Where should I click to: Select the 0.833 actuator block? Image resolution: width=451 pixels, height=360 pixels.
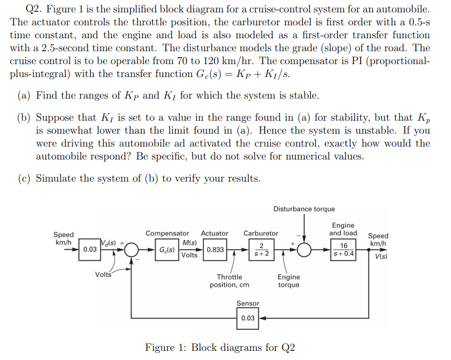click(216, 250)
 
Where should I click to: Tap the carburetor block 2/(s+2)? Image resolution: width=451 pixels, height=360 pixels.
click(261, 250)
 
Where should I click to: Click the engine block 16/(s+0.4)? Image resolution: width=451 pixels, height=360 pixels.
click(343, 250)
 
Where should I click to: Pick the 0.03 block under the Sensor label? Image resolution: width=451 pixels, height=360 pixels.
click(248, 318)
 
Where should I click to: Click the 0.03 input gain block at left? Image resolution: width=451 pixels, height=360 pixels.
click(90, 250)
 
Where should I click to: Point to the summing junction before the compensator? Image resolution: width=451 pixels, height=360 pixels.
click(131, 250)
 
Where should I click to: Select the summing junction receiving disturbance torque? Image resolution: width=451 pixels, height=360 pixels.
click(305, 250)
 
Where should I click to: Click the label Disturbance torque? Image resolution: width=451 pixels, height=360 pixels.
click(304, 209)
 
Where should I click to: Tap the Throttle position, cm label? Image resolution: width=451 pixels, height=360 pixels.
click(229, 281)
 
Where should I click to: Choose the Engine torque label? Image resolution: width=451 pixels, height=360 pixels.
click(289, 281)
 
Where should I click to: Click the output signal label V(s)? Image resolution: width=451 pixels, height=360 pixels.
click(380, 256)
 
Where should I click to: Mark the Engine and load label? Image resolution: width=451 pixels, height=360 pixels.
click(343, 229)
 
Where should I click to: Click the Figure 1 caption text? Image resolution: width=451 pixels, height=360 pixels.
click(220, 348)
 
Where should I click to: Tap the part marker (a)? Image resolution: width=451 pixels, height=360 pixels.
click(25, 95)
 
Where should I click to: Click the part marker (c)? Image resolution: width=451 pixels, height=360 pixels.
click(25, 178)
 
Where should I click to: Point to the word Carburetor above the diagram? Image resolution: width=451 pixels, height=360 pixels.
click(261, 233)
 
